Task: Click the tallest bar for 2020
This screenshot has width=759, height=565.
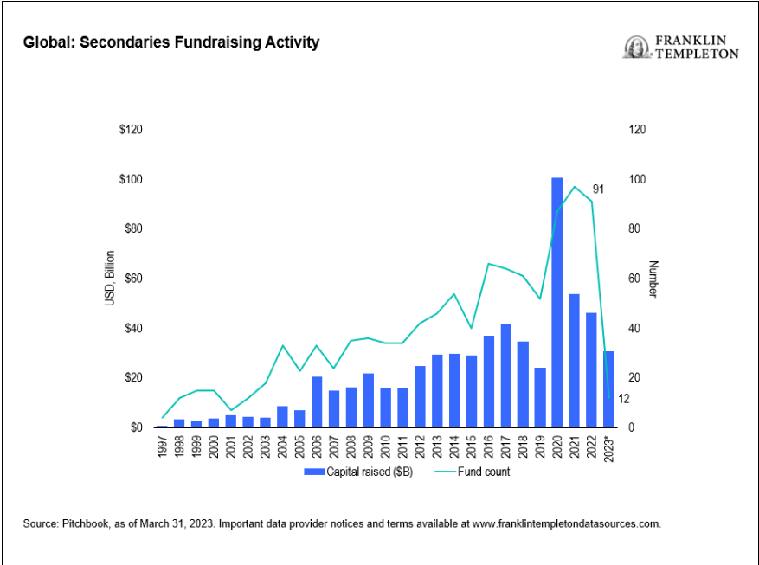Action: click(557, 303)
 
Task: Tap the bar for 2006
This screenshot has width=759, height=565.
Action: click(317, 401)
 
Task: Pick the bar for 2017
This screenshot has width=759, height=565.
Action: click(505, 376)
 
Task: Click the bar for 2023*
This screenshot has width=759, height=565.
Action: click(608, 389)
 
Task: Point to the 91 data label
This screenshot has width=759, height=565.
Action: click(598, 189)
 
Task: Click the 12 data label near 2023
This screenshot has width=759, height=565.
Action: click(624, 399)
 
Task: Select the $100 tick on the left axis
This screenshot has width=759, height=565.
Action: click(131, 179)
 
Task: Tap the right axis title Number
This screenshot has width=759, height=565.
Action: click(654, 279)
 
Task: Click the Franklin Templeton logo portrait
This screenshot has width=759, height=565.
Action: click(635, 47)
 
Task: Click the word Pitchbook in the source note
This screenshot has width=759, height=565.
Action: click(80, 523)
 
